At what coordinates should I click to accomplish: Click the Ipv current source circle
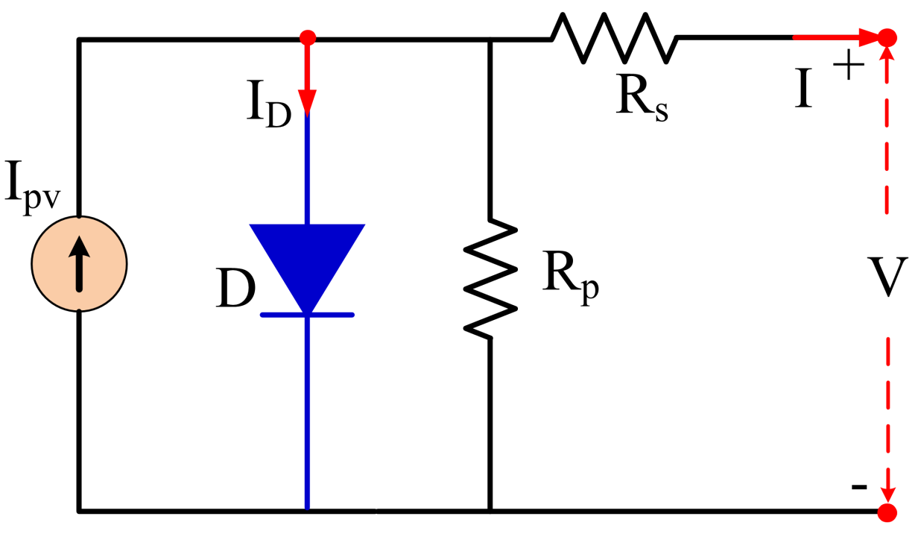(x=79, y=263)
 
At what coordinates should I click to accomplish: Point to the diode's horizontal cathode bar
(x=307, y=315)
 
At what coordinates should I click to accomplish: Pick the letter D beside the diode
(x=235, y=289)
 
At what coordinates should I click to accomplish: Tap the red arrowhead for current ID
(x=308, y=101)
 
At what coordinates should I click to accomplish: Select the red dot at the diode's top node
(x=308, y=37)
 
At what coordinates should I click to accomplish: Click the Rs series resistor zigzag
(x=613, y=38)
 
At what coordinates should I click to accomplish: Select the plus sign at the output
(x=849, y=70)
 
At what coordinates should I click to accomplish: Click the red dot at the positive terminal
(x=887, y=37)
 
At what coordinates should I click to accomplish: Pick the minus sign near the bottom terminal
(x=858, y=487)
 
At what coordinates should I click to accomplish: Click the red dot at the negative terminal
(x=887, y=512)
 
